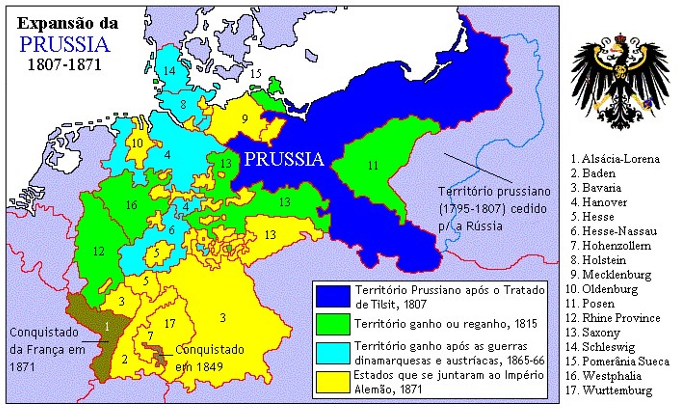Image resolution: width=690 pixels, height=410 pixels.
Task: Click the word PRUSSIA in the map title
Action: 65,44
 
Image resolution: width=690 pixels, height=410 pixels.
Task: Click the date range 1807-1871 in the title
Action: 64,64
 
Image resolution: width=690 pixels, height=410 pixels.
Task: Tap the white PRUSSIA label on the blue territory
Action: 283,159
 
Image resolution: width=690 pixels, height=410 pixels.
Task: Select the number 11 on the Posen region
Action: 372,165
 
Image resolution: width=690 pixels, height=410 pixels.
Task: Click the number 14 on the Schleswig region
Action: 169,71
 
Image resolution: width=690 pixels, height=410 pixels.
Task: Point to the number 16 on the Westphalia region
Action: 131,205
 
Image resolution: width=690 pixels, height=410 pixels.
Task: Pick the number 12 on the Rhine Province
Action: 98,251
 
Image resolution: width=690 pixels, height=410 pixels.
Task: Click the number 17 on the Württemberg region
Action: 169,323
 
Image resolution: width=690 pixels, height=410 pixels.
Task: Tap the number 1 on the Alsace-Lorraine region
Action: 107,327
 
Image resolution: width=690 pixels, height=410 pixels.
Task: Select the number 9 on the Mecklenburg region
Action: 244,118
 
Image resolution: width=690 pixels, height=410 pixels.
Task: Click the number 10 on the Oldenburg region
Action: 137,143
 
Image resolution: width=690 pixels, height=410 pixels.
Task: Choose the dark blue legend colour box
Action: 332,296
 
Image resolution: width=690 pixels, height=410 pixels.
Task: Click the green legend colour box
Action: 332,324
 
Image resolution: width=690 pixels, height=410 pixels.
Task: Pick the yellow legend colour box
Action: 332,382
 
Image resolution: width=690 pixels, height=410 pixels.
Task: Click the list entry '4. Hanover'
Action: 599,202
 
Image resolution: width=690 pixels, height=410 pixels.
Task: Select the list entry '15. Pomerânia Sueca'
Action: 617,361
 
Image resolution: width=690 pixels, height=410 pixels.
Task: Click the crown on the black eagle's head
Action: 620,38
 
